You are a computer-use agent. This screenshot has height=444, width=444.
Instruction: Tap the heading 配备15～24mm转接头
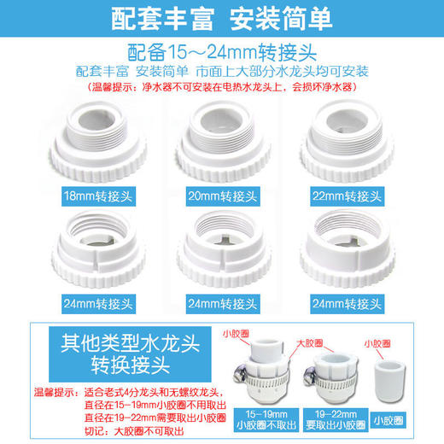pos(221,50)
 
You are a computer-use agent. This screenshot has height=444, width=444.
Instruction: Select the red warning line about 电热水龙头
pos(221,87)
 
